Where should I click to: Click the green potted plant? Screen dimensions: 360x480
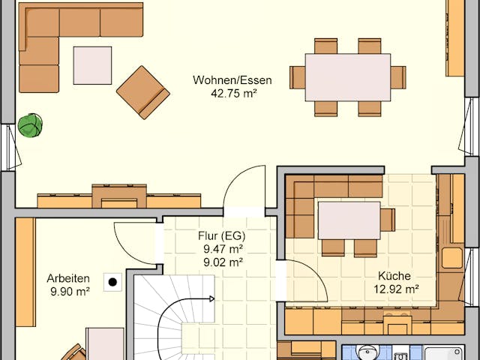click(x=30, y=125)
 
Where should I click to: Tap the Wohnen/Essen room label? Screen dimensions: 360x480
click(x=232, y=80)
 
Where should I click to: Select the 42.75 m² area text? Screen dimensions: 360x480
click(x=232, y=94)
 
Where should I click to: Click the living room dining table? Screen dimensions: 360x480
click(x=347, y=76)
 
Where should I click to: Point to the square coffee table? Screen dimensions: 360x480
click(x=92, y=65)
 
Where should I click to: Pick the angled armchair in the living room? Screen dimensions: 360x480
click(x=143, y=92)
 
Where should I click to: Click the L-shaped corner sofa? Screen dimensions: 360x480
click(x=45, y=37)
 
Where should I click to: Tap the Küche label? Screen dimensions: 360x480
click(x=394, y=274)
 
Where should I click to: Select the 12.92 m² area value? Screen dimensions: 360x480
click(x=396, y=288)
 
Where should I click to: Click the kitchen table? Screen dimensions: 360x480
click(x=349, y=220)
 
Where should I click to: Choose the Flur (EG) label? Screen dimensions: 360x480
click(x=221, y=235)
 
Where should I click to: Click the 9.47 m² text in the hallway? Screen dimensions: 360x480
click(x=220, y=248)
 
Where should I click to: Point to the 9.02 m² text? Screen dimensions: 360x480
click(x=220, y=262)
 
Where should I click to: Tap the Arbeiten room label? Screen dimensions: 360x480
click(x=67, y=277)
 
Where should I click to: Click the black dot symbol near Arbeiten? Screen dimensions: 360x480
click(x=112, y=282)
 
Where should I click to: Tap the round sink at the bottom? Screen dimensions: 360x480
click(x=367, y=353)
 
